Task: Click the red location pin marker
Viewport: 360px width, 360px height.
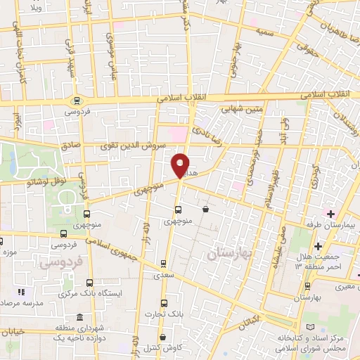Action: point(181,165)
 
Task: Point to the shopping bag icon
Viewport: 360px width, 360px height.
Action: point(205,209)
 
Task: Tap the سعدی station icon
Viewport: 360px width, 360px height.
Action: point(163,264)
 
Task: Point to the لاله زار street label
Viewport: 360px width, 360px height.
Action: point(148,225)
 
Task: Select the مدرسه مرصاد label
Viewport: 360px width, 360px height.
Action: point(20,302)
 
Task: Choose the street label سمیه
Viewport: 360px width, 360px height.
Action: point(265,32)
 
